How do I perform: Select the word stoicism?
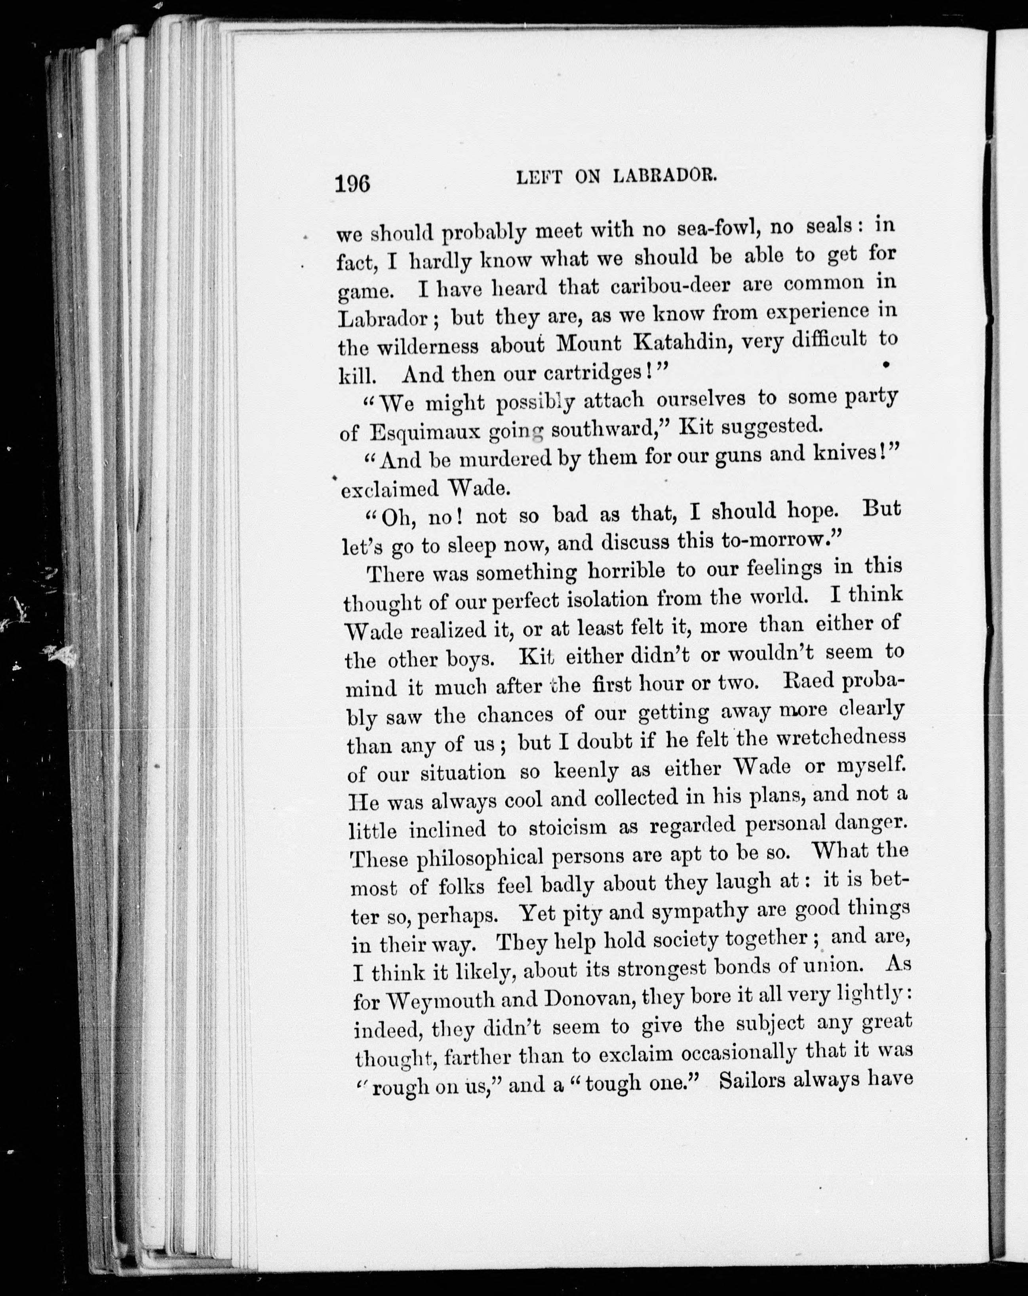(x=568, y=828)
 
